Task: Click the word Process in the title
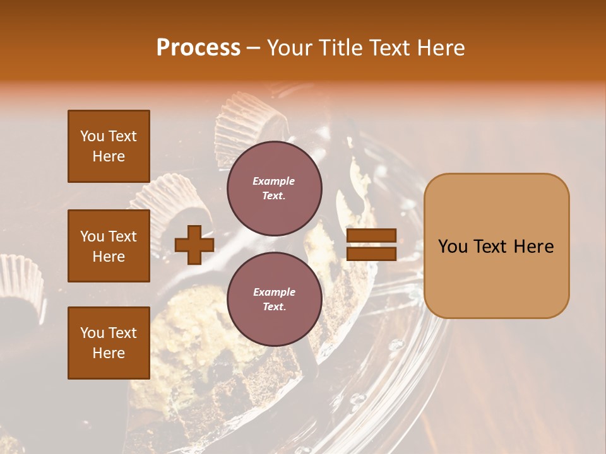click(198, 48)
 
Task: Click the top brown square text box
click(109, 146)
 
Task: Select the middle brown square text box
click(109, 246)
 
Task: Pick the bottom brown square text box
click(109, 342)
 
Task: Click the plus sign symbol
click(194, 245)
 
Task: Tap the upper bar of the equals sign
click(372, 236)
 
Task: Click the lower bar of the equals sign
click(372, 253)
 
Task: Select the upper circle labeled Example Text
click(274, 189)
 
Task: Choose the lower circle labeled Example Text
click(274, 300)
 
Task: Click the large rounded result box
click(496, 245)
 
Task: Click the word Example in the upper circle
click(273, 182)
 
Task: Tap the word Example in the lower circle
click(274, 292)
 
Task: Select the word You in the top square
click(92, 136)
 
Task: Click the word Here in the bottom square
click(109, 353)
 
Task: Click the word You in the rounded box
click(453, 247)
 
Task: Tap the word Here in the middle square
click(109, 257)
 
